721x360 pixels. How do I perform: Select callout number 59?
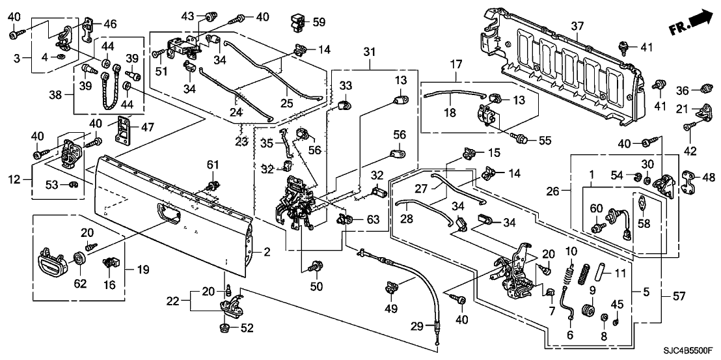click(x=319, y=21)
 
